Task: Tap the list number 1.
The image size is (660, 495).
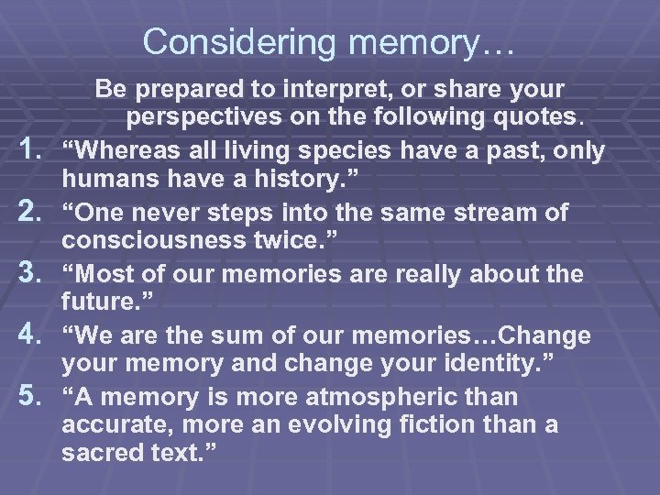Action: (x=36, y=150)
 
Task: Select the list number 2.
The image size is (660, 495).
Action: (x=36, y=213)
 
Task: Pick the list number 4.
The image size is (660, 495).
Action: (x=36, y=336)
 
